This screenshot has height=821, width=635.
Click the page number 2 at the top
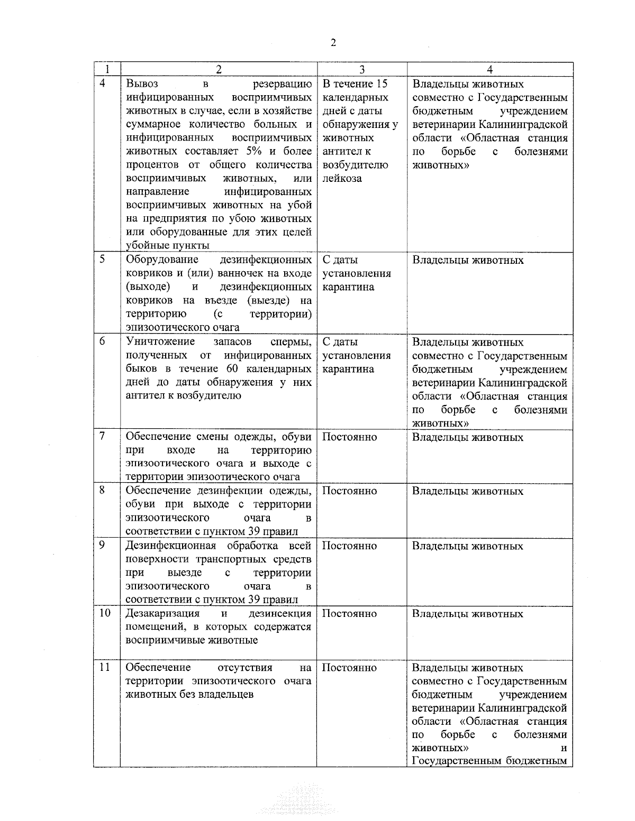pyautogui.click(x=333, y=43)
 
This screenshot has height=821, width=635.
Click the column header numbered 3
pyautogui.click(x=362, y=70)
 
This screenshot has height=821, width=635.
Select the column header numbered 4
pyautogui.click(x=490, y=70)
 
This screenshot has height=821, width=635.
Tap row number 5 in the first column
pyautogui.click(x=103, y=259)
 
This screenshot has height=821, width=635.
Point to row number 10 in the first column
pyautogui.click(x=105, y=613)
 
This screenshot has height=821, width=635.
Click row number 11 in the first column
pyautogui.click(x=105, y=667)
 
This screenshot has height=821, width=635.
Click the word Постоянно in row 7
pyautogui.click(x=349, y=437)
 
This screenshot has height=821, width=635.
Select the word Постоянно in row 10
pyautogui.click(x=349, y=613)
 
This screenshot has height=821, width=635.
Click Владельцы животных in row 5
pyautogui.click(x=468, y=260)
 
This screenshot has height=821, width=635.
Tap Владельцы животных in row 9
pyautogui.click(x=468, y=546)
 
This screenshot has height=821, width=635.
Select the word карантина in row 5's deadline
pyautogui.click(x=348, y=287)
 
